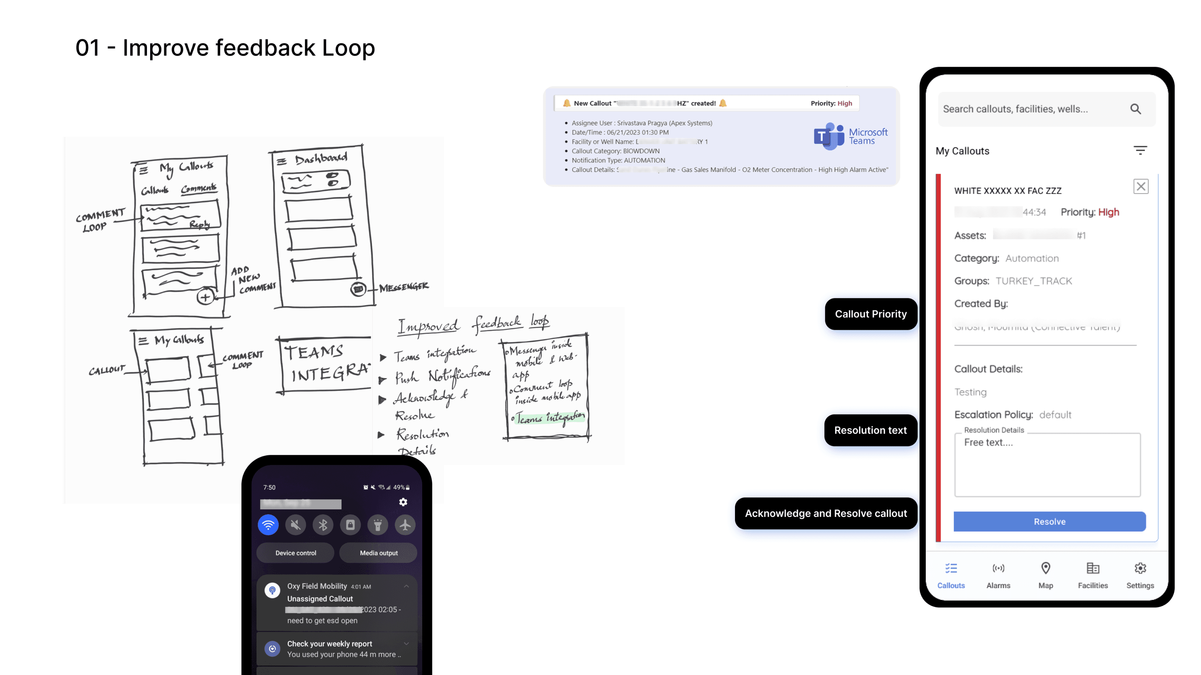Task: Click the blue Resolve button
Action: click(1049, 521)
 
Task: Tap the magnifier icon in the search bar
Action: click(1135, 109)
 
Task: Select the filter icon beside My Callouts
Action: click(1140, 150)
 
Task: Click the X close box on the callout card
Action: click(1141, 187)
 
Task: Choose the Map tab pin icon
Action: click(1045, 569)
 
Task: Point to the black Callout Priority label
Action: click(871, 314)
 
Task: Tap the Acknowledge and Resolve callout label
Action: click(826, 513)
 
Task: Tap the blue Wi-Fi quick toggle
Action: click(268, 525)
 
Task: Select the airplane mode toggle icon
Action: click(405, 525)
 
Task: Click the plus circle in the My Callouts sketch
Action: click(205, 297)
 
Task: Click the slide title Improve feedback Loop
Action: click(225, 48)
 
